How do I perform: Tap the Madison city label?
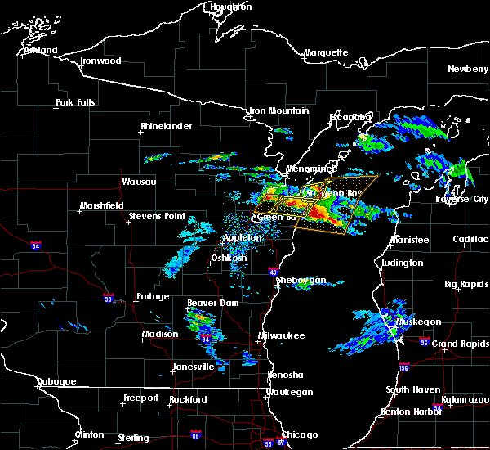click(x=160, y=334)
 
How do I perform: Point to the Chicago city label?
click(x=299, y=434)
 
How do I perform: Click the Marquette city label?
click(x=326, y=52)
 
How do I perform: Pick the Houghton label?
click(x=231, y=7)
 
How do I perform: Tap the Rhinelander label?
click(x=166, y=126)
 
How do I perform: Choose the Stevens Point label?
click(x=158, y=217)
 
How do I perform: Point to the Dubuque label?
click(x=56, y=381)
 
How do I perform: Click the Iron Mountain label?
click(x=279, y=110)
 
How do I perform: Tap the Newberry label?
click(x=467, y=69)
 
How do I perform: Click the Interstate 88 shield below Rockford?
click(x=194, y=434)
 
